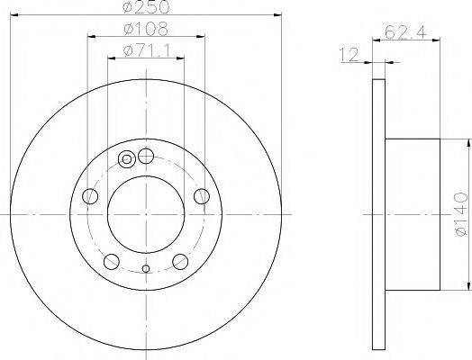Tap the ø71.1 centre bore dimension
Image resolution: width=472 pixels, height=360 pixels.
click(x=146, y=49)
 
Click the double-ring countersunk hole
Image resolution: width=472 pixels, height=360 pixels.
click(x=127, y=161)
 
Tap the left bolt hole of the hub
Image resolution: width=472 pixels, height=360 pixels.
click(x=89, y=197)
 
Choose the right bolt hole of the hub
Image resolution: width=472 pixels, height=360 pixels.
click(x=202, y=197)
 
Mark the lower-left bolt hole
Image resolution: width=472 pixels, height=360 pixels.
click(x=111, y=262)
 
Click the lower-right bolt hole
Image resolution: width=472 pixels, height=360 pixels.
click(x=180, y=262)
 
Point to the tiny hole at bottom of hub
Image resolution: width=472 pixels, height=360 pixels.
click(x=146, y=268)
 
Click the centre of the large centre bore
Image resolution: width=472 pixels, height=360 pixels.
click(x=146, y=214)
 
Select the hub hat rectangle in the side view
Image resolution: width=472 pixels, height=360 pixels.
click(x=413, y=214)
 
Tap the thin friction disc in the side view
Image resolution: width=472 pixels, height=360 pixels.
click(x=379, y=214)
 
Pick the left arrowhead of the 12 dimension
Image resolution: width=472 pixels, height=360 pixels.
click(x=371, y=62)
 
